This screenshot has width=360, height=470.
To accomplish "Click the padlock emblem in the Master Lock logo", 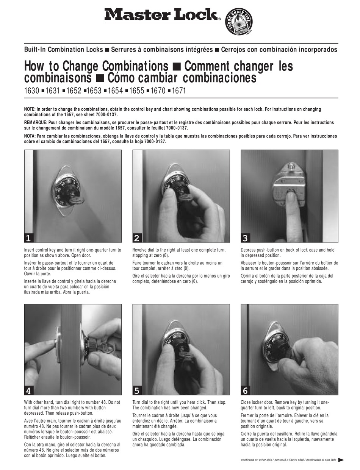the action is [x=239, y=22].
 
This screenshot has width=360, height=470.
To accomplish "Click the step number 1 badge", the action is [x=29, y=238].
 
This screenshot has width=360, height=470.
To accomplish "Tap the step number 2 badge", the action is [x=137, y=238].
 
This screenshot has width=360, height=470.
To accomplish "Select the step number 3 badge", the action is [x=245, y=238].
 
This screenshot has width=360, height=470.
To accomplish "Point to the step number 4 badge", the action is [x=29, y=390].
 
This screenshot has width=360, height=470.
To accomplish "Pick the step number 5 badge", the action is [x=137, y=390].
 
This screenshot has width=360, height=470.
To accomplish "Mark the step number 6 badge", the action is [x=245, y=390].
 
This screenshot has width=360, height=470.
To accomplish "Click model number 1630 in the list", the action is [x=31, y=91].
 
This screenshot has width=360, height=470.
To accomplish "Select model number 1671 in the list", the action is [x=179, y=91].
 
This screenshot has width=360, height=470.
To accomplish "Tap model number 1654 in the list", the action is [x=115, y=91].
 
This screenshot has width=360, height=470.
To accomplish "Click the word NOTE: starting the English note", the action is [x=30, y=109].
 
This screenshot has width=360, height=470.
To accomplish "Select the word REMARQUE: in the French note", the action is [x=36, y=123].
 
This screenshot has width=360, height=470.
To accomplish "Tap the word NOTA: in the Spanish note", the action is [x=30, y=136].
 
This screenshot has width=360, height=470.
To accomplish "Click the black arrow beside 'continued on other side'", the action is [x=341, y=460].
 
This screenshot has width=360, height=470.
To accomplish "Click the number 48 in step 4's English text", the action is [x=103, y=402].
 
